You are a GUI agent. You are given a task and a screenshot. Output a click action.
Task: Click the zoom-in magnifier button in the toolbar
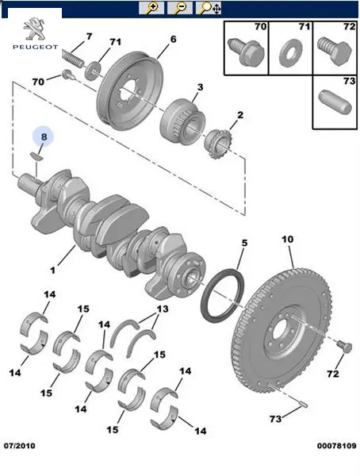(x=151, y=8)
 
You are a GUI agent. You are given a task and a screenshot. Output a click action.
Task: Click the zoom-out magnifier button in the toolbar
(x=180, y=8)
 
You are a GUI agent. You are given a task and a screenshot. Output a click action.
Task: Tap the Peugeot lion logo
(x=33, y=29)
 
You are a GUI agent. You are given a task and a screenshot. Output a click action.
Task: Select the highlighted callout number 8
(x=44, y=136)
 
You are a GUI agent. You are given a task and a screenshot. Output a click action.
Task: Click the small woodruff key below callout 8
(x=36, y=156)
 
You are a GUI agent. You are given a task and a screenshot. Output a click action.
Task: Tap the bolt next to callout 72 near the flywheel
(x=345, y=347)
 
